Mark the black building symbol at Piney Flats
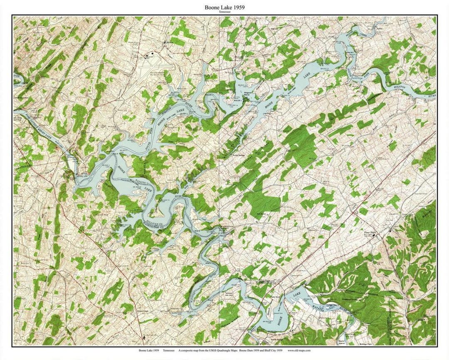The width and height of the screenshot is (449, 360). [374, 236]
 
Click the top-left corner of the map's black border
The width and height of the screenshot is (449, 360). [12, 16]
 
